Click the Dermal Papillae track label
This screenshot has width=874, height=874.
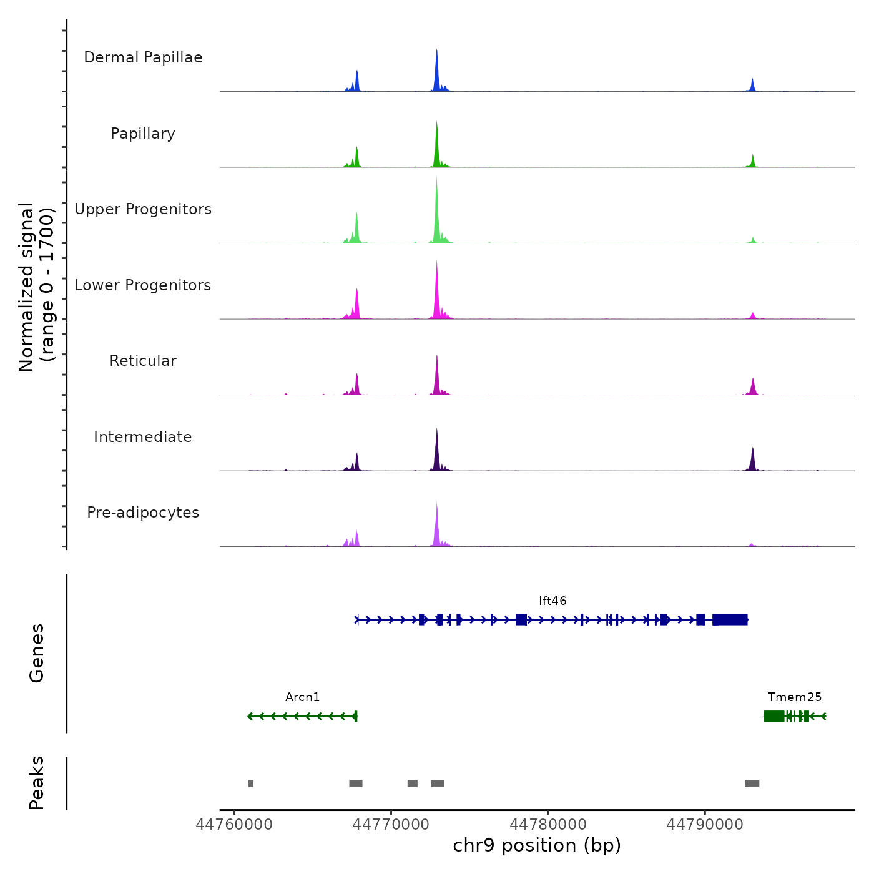coord(143,57)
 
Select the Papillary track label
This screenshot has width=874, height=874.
coord(143,134)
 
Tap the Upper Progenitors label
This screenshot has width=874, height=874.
coord(143,209)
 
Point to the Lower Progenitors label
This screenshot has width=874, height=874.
coord(143,285)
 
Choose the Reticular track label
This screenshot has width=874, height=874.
coord(143,361)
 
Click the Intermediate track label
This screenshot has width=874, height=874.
coord(143,437)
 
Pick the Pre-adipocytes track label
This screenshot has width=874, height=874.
coord(143,513)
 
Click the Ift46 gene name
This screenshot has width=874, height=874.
coord(552,601)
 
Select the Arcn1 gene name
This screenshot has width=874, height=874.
coord(302,697)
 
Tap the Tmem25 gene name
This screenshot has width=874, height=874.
coord(795,697)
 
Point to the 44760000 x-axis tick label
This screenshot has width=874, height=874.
coord(234,825)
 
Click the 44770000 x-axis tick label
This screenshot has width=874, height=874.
coord(391,825)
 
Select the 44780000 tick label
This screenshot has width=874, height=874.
coord(548,825)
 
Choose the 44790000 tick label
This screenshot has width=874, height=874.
coord(705,825)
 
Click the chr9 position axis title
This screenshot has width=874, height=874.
coord(537,845)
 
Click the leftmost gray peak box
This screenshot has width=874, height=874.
coord(251,783)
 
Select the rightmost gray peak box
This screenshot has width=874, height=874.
coord(752,783)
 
